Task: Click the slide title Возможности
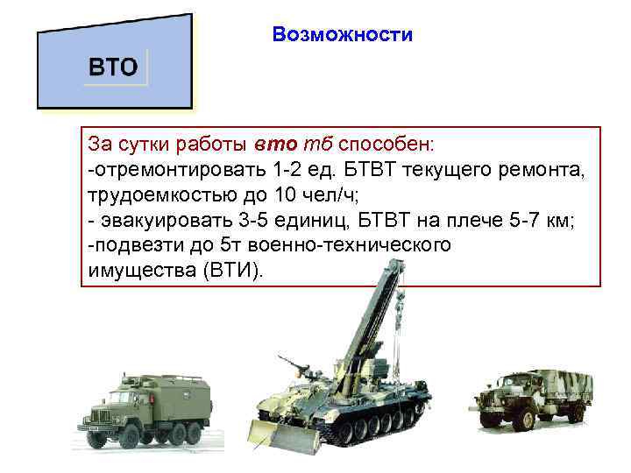tap(342, 35)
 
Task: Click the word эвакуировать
tap(158, 219)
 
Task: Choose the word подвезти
tap(131, 244)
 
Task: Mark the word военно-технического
tap(348, 244)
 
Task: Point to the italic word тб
tap(314, 142)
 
